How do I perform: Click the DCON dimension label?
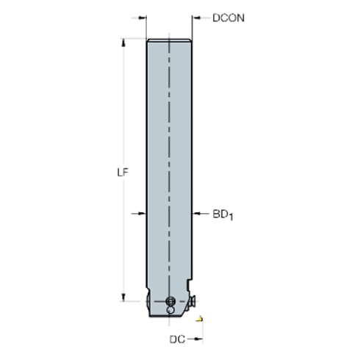228,18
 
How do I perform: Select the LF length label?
123,173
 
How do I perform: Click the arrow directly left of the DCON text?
197,18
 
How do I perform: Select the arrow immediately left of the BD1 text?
198,214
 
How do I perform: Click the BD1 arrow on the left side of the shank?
138,214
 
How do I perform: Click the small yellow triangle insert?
198,319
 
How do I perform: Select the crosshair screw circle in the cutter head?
170,301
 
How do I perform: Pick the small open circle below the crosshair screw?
170,312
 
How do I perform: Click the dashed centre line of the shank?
170,147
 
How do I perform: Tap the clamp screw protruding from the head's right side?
194,300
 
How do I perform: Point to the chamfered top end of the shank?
170,40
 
